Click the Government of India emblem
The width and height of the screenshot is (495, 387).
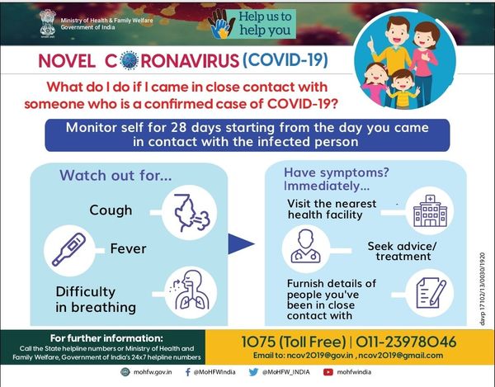pos(48,24)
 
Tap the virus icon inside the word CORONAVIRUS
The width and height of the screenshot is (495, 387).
pos(130,59)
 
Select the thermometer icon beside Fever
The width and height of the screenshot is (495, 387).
pos(69,250)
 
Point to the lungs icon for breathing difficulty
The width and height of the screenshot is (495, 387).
pos(190,289)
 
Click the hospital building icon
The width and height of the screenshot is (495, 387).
pos(431,210)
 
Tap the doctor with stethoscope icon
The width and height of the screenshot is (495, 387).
pos(306,246)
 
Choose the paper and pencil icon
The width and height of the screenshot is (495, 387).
pos(431,293)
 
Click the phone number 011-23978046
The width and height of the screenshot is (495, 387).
pos(406,342)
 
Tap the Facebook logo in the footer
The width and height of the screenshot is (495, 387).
pos(188,372)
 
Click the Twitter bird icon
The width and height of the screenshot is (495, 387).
pos(253,372)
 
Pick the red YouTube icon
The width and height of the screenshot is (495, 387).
pos(328,372)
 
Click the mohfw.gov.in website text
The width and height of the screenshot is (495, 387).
pos(153,372)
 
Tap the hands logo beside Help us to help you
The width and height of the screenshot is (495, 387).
pos(223,24)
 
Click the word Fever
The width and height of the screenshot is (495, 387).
pos(128,248)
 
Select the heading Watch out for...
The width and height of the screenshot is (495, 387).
pos(115,176)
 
